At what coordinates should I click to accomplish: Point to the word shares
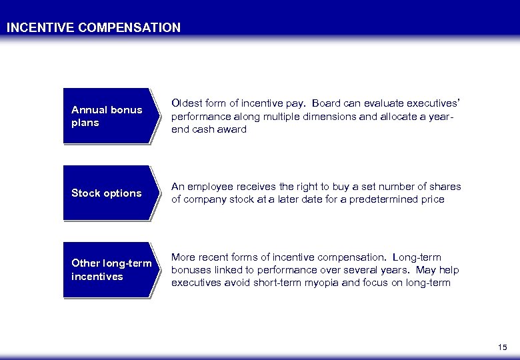pyautogui.click(x=445, y=187)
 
